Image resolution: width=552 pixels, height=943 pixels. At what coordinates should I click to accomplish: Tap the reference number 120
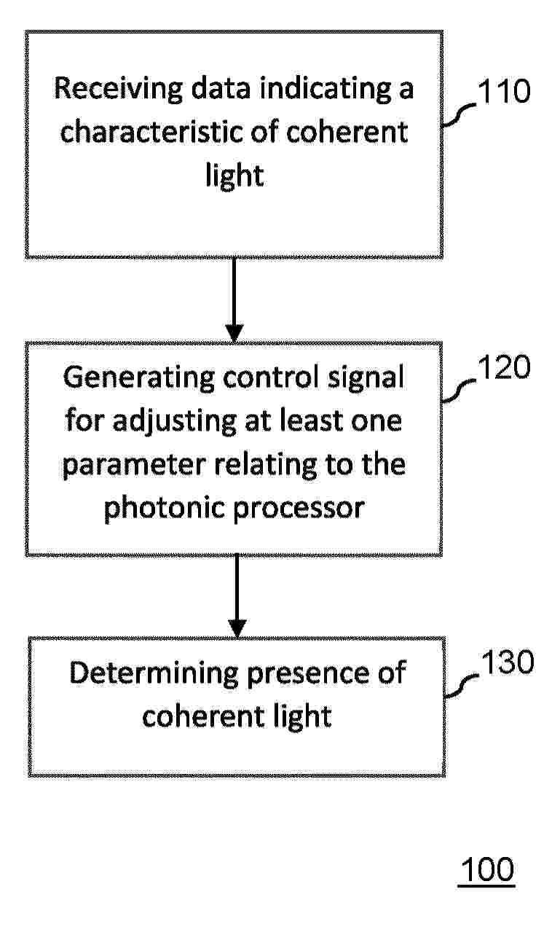point(504,367)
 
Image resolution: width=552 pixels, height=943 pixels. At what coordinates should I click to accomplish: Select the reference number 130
point(508,662)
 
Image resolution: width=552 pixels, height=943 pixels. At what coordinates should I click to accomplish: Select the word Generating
point(139,378)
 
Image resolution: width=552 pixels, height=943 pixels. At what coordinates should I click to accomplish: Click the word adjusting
point(175,422)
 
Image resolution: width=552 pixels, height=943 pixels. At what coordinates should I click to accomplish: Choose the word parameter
point(134,466)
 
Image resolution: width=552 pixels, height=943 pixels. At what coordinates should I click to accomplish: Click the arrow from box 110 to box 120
point(234,300)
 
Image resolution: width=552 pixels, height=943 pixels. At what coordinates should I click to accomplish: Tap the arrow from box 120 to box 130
point(237,596)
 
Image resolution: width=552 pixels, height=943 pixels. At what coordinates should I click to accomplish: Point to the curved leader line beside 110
point(459,115)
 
